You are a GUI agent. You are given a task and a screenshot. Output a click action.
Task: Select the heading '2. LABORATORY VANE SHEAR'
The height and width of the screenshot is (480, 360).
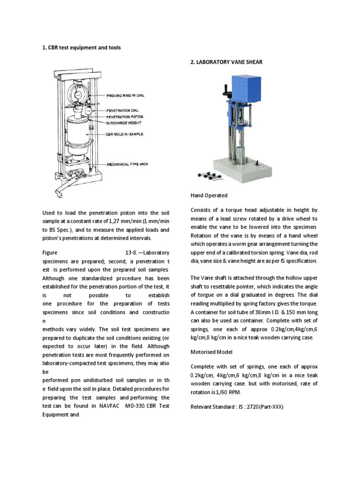(x=226, y=61)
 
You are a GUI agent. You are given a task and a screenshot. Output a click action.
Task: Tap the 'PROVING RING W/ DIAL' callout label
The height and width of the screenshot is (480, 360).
(x=125, y=95)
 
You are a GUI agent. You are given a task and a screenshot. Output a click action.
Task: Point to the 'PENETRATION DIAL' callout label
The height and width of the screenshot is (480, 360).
(x=123, y=111)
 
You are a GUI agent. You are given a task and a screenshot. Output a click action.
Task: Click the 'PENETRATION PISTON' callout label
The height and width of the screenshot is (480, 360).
(x=125, y=116)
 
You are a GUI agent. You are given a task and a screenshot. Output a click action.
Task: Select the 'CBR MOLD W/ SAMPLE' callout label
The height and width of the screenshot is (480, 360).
(x=124, y=135)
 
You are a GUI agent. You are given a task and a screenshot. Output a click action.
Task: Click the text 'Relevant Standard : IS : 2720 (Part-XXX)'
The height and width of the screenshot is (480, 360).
(x=237, y=406)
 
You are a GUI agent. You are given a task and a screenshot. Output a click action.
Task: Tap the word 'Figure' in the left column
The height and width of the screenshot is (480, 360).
(x=51, y=253)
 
